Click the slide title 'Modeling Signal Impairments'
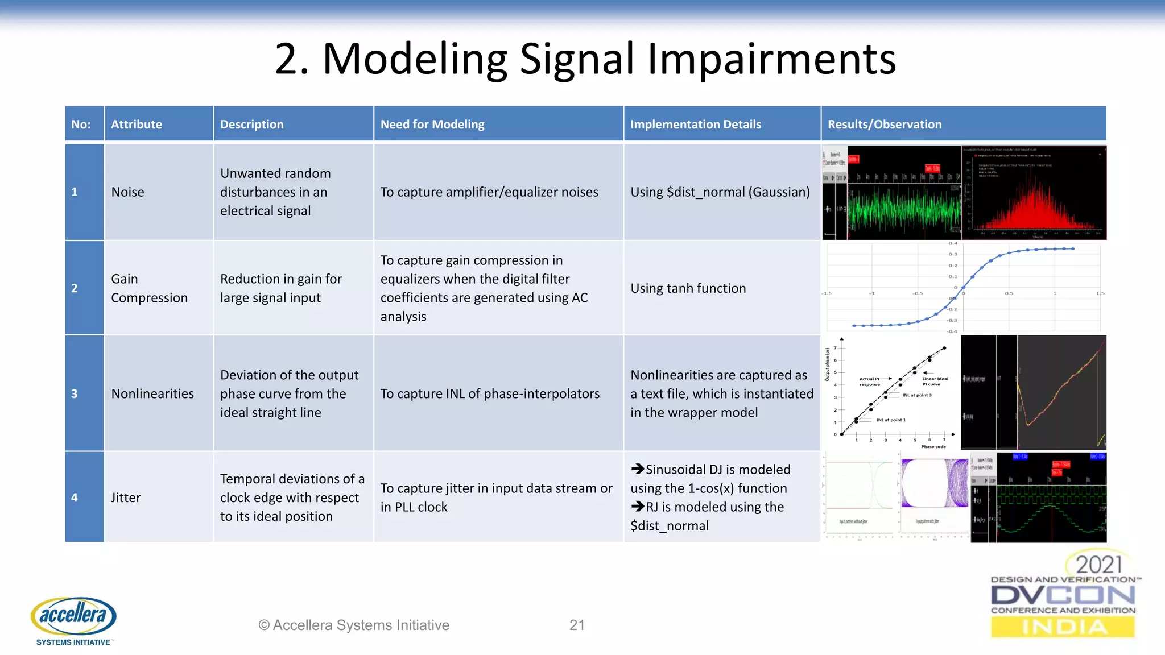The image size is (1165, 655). tap(585, 59)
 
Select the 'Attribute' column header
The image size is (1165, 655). tap(137, 124)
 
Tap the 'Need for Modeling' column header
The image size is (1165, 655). tap(432, 124)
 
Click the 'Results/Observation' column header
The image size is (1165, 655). tap(885, 124)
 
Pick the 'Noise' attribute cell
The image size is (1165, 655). tap(128, 192)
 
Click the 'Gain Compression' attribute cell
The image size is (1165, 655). tap(149, 288)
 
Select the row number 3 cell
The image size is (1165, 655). tap(75, 393)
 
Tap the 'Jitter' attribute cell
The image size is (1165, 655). tap(126, 498)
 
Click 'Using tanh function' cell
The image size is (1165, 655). tap(688, 288)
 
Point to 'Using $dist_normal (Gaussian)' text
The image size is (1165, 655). tap(720, 192)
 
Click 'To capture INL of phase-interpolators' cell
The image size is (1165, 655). tap(490, 393)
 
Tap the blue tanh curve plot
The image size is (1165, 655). tap(964, 288)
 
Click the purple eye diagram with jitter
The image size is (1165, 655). tap(935, 483)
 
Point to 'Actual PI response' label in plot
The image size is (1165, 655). tap(869, 382)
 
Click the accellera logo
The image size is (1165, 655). tap(73, 620)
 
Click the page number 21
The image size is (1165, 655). tap(577, 625)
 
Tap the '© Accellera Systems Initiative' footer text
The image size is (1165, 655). tap(354, 625)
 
